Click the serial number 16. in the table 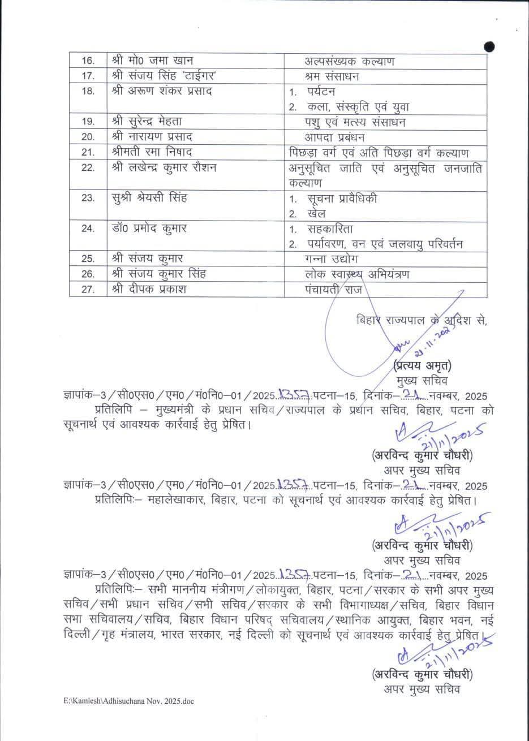click(x=88, y=61)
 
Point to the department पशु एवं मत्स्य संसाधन click(x=355, y=122)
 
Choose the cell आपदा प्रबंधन click(x=335, y=137)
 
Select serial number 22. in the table click(x=88, y=168)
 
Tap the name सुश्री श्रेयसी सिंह click(x=149, y=199)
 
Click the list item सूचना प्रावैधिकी click(x=343, y=199)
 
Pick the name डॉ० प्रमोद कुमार click(x=149, y=229)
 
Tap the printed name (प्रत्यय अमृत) click(x=422, y=365)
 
